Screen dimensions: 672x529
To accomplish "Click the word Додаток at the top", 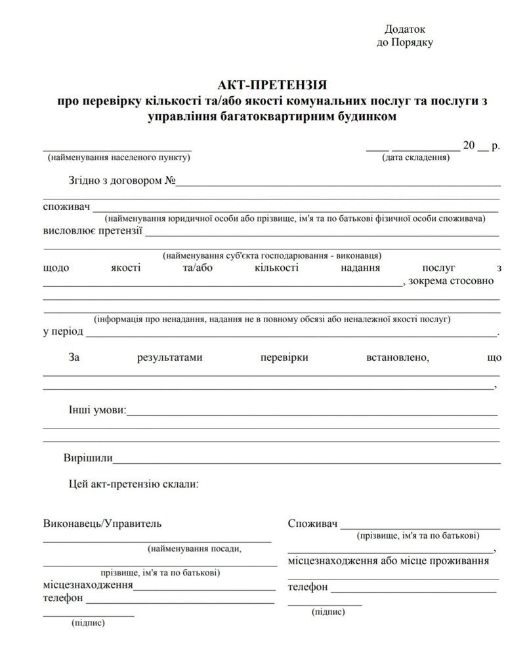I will click(x=406, y=30).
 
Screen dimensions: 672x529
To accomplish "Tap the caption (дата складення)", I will click(x=415, y=157).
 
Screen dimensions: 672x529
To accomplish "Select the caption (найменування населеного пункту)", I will click(x=119, y=157).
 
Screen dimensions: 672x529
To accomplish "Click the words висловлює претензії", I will click(x=93, y=231).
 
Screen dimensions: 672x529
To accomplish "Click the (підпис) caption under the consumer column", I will click(x=328, y=611).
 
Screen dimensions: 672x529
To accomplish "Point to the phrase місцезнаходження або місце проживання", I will click(x=389, y=561).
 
